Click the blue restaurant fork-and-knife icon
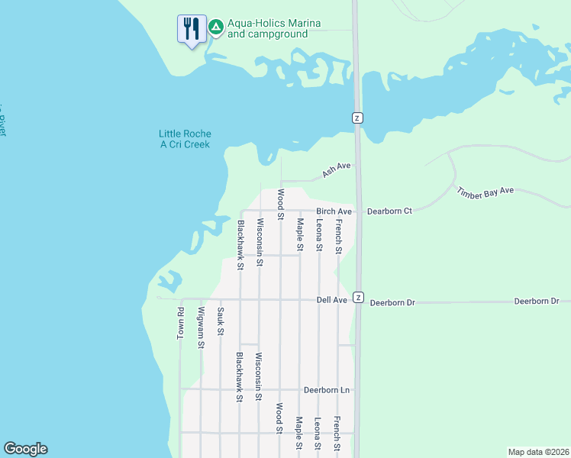pyautogui.click(x=190, y=30)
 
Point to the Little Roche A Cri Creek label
pyautogui.click(x=185, y=139)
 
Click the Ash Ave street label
pyautogui.click(x=336, y=169)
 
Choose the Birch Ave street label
pyautogui.click(x=334, y=211)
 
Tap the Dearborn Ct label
pyautogui.click(x=389, y=211)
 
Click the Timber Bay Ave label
pyautogui.click(x=486, y=192)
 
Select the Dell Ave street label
pyautogui.click(x=332, y=300)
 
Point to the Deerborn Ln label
pyautogui.click(x=326, y=390)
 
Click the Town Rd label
pyautogui.click(x=182, y=323)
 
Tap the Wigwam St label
pyautogui.click(x=201, y=327)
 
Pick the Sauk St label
pyautogui.click(x=221, y=321)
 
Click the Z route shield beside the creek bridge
pyautogui.click(x=356, y=118)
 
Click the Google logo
pyautogui.click(x=25, y=449)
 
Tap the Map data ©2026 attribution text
pyautogui.click(x=537, y=452)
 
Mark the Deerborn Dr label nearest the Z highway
pyautogui.click(x=392, y=303)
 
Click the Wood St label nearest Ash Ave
pyautogui.click(x=281, y=205)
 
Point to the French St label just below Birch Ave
pyautogui.click(x=339, y=235)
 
